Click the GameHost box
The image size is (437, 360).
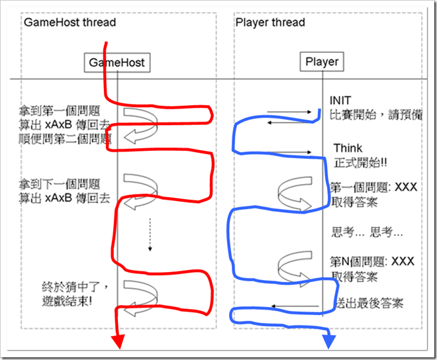(117, 63)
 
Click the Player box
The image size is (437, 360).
(322, 62)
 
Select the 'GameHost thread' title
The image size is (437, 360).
(70, 22)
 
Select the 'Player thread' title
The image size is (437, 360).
(270, 22)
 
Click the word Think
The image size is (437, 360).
(347, 148)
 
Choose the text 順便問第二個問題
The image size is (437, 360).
(66, 138)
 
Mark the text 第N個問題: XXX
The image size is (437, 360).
(372, 262)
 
